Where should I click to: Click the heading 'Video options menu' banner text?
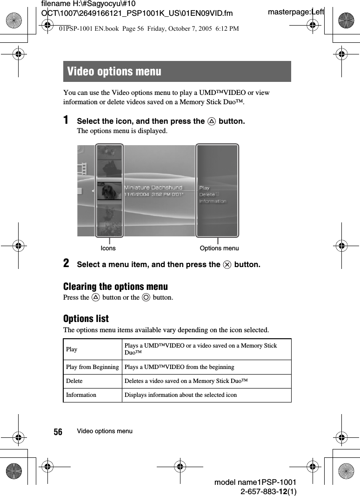[x=114, y=72]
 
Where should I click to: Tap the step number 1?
[x=67, y=121]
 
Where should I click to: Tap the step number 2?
[x=67, y=264]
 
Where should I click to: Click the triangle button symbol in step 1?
[x=212, y=121]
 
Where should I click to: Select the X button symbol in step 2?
[x=227, y=265]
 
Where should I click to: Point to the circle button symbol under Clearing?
[x=146, y=297]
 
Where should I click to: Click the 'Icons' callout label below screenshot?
[x=108, y=248]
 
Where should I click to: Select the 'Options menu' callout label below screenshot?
[x=219, y=248]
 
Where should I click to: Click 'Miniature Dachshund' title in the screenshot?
[x=153, y=188]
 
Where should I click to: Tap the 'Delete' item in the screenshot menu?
[x=207, y=194]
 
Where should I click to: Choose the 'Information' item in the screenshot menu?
[x=213, y=201]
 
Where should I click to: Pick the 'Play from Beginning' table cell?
[x=92, y=367]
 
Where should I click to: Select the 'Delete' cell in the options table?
[x=74, y=381]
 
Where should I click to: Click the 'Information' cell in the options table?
[x=81, y=395]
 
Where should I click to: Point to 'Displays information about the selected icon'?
[x=180, y=395]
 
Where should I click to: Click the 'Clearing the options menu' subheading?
[x=115, y=287]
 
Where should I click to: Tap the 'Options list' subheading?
[x=86, y=319]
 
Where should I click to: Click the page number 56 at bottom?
[x=58, y=432]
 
